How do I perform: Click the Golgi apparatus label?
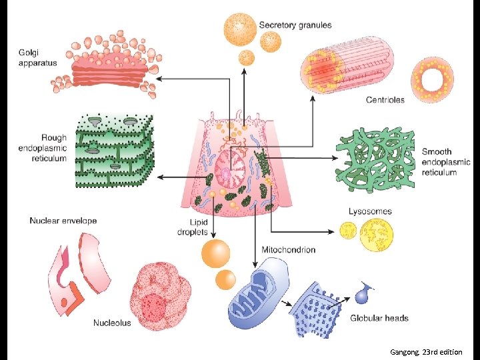[x=38, y=58]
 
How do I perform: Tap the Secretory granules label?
[x=295, y=25]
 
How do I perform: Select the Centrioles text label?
[x=385, y=100]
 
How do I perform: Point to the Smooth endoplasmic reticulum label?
[x=445, y=162]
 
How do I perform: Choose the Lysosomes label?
[x=370, y=211]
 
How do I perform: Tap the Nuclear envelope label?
[x=63, y=221]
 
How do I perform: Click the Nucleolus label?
[x=112, y=323]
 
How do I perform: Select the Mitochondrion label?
[x=288, y=250]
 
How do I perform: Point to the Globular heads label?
[x=379, y=318]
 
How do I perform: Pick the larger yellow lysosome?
[x=376, y=235]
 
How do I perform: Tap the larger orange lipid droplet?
[x=215, y=254]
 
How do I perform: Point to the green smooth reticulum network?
[x=377, y=159]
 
